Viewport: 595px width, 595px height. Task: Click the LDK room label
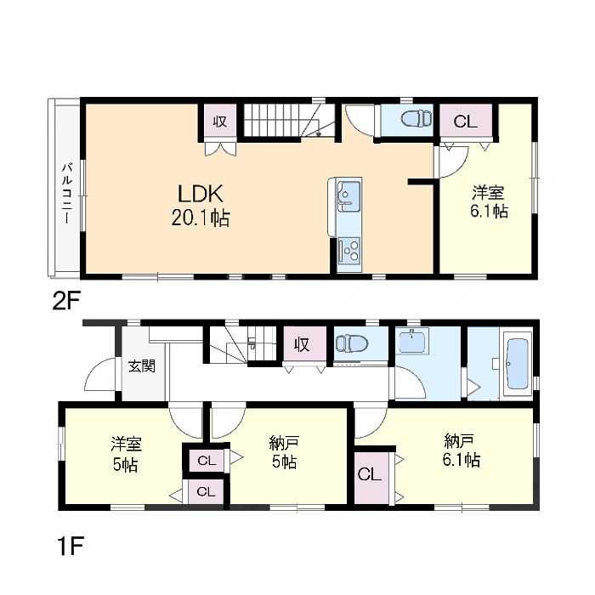pyautogui.click(x=201, y=194)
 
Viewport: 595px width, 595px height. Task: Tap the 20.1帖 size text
pyautogui.click(x=201, y=218)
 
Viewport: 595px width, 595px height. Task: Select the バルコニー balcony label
pyautogui.click(x=67, y=193)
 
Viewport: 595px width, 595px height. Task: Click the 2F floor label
pyautogui.click(x=66, y=302)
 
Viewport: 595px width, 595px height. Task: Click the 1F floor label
pyautogui.click(x=71, y=546)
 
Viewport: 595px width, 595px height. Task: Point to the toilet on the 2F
pyautogui.click(x=416, y=118)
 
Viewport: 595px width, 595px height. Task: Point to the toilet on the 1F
pyautogui.click(x=352, y=343)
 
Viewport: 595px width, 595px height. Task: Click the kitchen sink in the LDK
pyautogui.click(x=349, y=195)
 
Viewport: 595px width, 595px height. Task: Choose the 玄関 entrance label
pyautogui.click(x=142, y=366)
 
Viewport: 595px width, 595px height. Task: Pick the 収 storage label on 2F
pyautogui.click(x=219, y=122)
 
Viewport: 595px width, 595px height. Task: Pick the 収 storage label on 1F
pyautogui.click(x=302, y=344)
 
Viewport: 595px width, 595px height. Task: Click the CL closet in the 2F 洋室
pyautogui.click(x=466, y=121)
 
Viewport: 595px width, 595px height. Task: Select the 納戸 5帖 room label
pyautogui.click(x=284, y=452)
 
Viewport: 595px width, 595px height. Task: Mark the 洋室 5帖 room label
pyautogui.click(x=125, y=454)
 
